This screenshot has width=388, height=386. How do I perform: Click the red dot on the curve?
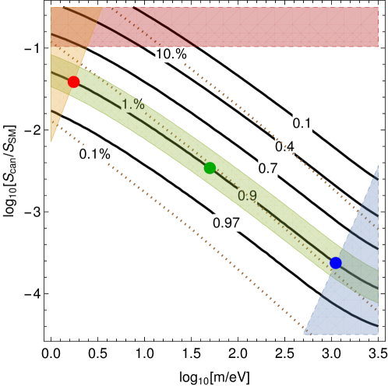pyautogui.click(x=73, y=82)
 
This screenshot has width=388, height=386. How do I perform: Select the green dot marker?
pyautogui.click(x=210, y=167)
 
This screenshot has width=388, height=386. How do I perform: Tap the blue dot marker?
pyautogui.click(x=335, y=263)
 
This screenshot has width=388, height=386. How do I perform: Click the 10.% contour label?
pyautogui.click(x=171, y=54)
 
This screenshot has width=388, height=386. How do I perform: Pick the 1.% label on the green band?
pyautogui.click(x=133, y=104)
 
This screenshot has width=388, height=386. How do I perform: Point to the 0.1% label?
pyautogui.click(x=95, y=154)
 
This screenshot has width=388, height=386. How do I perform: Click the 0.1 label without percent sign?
pyautogui.click(x=302, y=123)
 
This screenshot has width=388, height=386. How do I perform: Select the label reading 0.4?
pyautogui.click(x=284, y=146)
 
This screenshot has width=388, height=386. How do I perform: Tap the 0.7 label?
pyautogui.click(x=268, y=168)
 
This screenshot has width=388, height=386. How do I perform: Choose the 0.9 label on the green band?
pyautogui.click(x=247, y=196)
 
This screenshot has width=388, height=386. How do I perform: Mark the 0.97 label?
pyautogui.click(x=226, y=223)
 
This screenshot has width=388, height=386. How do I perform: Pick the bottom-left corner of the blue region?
pyautogui.click(x=305, y=334)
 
